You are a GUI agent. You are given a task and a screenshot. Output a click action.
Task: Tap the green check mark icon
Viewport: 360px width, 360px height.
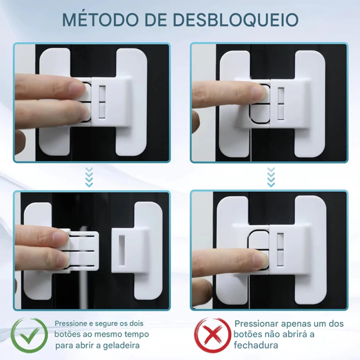(x=29, y=335)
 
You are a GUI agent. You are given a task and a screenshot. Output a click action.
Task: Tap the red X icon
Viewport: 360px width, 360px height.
(x=212, y=336)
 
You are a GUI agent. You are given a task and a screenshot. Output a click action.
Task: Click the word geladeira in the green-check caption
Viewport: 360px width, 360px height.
(x=121, y=346)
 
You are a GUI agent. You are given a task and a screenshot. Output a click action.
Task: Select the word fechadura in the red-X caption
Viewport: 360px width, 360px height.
(x=256, y=345)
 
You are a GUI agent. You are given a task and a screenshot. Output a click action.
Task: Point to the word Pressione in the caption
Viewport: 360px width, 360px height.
(x=71, y=324)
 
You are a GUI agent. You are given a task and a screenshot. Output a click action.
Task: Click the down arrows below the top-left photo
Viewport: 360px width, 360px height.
(x=89, y=177)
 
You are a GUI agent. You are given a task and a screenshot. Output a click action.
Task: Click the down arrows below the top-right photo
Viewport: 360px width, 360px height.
(x=271, y=177)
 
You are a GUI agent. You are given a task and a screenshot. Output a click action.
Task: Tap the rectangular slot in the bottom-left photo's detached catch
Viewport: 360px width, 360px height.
(x=122, y=250)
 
